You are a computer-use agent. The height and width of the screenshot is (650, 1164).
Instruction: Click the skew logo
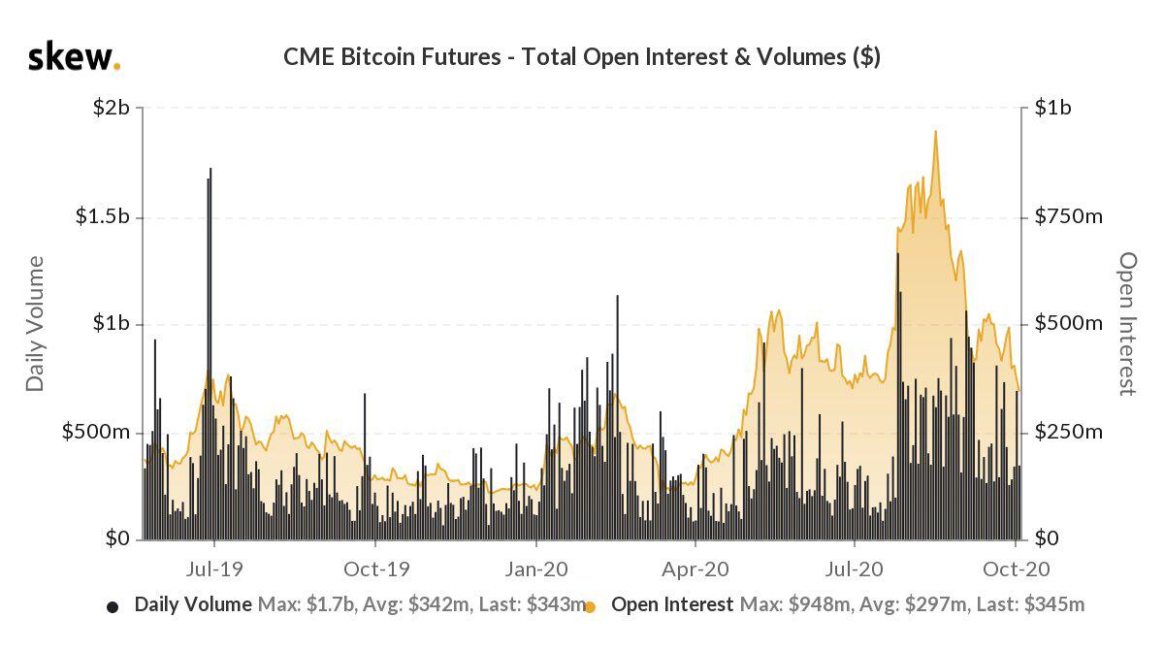point(74,57)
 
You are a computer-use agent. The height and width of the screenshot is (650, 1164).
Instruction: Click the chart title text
point(581,57)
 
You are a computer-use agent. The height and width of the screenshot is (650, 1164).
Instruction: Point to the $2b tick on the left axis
point(111,108)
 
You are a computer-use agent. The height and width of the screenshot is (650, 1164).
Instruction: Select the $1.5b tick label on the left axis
point(103,216)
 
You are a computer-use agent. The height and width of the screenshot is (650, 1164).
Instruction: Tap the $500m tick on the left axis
point(96,432)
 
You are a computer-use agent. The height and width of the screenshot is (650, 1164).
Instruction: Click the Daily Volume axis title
point(36,323)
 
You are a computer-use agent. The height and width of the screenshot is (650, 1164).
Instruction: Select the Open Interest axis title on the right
point(1126,323)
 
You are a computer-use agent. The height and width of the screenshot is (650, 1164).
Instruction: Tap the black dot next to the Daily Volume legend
point(113,607)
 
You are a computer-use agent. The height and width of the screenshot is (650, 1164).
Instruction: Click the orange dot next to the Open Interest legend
point(591,607)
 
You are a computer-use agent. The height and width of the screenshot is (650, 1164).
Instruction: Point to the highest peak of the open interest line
point(935,133)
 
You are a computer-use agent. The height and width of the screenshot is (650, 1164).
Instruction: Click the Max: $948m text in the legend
point(795,605)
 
